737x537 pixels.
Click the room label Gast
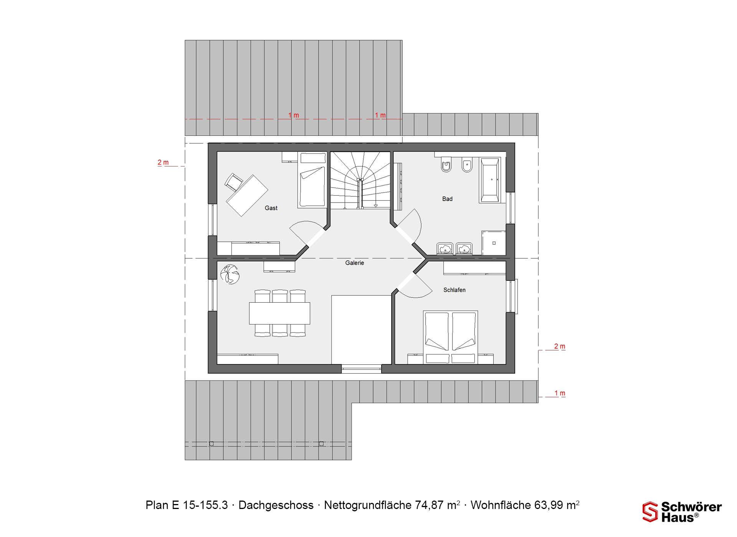coord(271,208)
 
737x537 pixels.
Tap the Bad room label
coord(447,199)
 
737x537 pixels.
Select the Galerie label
coord(354,263)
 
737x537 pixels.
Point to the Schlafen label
coord(454,290)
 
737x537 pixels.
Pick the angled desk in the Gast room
coord(247,196)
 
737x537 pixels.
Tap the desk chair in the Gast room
coord(233,181)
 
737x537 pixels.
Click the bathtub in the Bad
coord(490,180)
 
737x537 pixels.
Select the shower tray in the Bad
coord(494,243)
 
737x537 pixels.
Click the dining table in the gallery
coord(279,313)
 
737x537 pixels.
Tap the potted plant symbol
coord(230,274)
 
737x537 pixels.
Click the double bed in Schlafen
coord(450,337)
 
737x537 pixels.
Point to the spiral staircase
coord(360,180)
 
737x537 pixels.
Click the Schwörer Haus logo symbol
coord(650,512)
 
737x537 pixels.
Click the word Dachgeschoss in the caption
coord(276,505)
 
